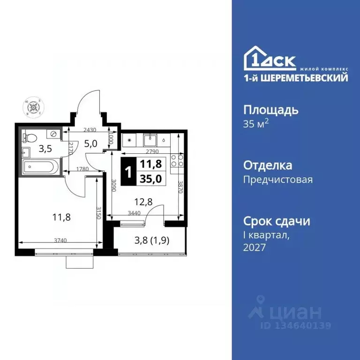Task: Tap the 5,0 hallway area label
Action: (91, 144)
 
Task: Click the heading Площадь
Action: (271, 110)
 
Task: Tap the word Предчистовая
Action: (278, 179)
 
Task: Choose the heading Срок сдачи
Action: (277, 221)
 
